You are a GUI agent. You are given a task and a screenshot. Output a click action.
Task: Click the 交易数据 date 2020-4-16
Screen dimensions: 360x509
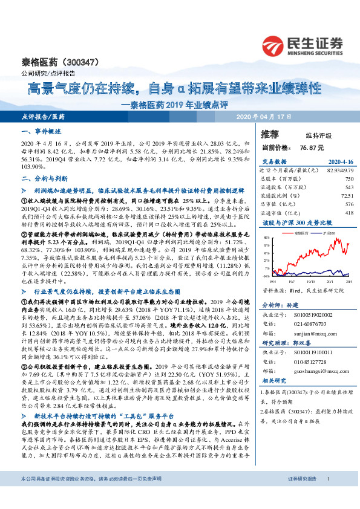click(x=339, y=161)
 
